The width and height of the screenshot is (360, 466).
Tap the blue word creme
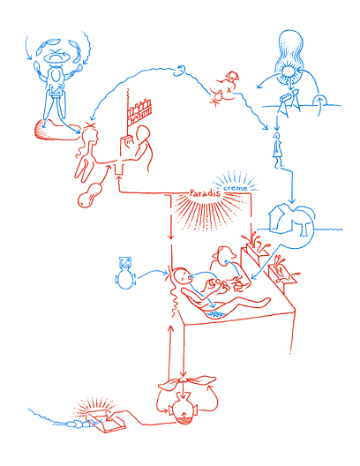[236, 189]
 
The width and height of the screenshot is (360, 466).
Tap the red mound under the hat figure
[55, 131]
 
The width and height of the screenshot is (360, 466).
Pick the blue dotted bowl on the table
[213, 311]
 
